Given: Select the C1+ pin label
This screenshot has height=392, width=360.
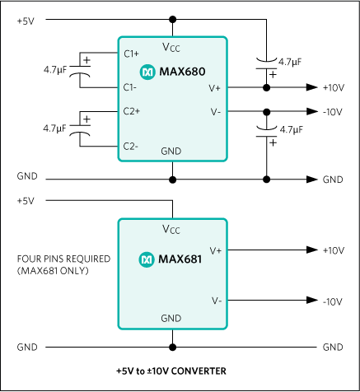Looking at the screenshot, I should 131,54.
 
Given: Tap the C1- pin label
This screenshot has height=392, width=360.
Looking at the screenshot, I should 130,86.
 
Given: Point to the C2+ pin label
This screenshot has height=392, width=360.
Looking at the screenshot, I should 131,110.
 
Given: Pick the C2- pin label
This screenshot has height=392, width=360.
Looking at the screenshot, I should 130,145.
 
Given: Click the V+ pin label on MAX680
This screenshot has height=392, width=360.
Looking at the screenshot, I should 215,86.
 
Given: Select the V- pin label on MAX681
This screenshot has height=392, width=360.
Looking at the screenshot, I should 215,301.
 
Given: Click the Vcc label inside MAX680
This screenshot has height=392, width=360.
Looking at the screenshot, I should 171,48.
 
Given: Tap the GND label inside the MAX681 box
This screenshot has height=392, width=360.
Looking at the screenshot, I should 171,318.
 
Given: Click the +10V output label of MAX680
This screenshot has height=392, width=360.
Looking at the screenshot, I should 333,86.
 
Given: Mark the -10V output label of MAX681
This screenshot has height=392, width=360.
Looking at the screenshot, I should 333,301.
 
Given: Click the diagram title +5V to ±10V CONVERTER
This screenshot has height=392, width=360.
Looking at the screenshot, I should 171,371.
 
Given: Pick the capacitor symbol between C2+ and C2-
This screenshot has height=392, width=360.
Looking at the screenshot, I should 81,128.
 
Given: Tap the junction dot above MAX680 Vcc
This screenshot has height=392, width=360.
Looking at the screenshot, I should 171,19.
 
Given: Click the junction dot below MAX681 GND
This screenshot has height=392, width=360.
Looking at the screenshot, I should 171,347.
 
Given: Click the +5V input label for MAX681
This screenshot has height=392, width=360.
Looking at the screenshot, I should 26,200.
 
